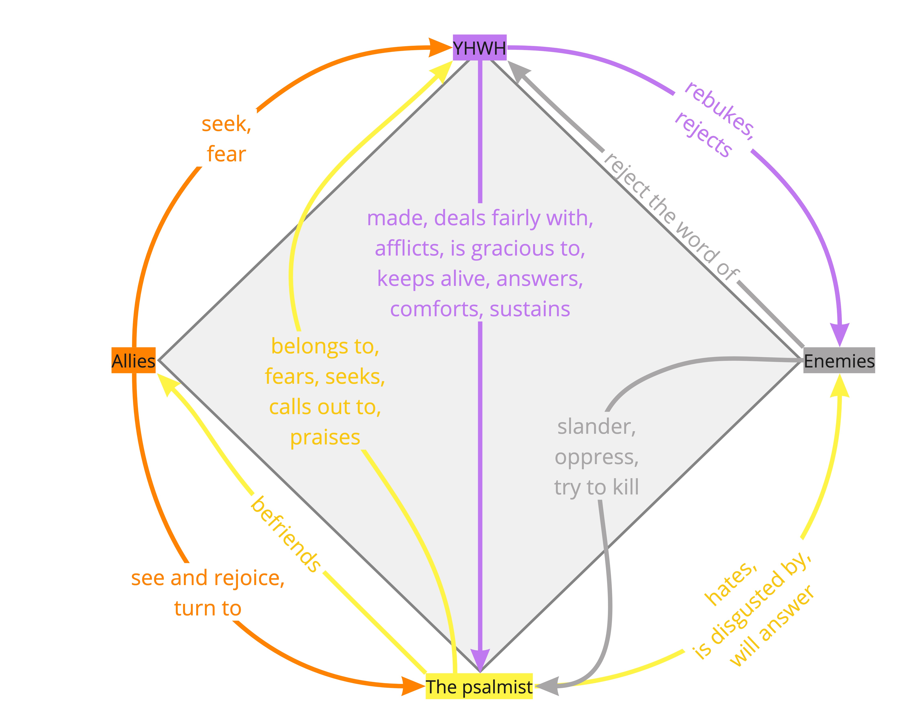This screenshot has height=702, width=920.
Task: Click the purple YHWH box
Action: coord(479,48)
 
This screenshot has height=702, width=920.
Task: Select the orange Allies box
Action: coord(133,360)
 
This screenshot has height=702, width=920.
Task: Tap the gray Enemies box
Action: coord(839,360)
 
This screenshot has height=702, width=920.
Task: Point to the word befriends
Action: coord(286,534)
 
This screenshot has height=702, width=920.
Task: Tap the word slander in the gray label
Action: coord(596,427)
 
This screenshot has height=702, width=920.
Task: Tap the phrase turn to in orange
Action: coord(208,608)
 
